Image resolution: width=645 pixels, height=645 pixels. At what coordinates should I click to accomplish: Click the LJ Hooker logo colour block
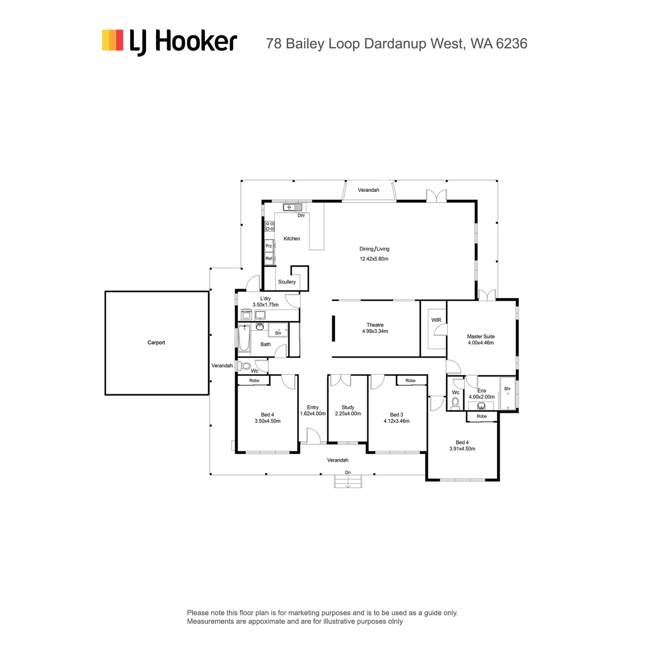click(112, 40)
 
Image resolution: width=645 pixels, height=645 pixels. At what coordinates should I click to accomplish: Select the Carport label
click(156, 342)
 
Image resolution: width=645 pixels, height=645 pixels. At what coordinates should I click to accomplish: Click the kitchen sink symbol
click(292, 207)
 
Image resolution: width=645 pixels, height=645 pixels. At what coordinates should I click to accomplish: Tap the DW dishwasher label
click(301, 216)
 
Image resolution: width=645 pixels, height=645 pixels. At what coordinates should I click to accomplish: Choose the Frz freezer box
click(269, 246)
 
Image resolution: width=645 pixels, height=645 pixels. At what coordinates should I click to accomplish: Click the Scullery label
click(287, 282)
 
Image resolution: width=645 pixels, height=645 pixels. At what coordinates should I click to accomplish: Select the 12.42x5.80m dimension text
click(374, 259)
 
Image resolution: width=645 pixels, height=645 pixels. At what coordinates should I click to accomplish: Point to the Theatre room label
click(375, 325)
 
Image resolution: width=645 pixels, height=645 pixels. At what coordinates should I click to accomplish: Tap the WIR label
click(436, 320)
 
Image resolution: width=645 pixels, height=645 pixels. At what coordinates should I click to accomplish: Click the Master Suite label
click(481, 336)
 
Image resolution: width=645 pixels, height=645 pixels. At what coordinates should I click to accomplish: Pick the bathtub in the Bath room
click(245, 338)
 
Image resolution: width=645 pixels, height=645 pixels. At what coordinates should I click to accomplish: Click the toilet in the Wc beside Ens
click(455, 403)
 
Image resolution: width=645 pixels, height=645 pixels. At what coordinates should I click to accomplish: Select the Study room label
click(348, 407)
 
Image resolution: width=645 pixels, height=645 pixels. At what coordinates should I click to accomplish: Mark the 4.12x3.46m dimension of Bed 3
click(396, 421)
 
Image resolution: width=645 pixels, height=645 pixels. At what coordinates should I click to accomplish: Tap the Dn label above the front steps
click(348, 472)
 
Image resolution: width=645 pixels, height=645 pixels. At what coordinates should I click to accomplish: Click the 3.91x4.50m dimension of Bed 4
click(462, 448)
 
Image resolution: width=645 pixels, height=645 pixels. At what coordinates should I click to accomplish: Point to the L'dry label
click(266, 298)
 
